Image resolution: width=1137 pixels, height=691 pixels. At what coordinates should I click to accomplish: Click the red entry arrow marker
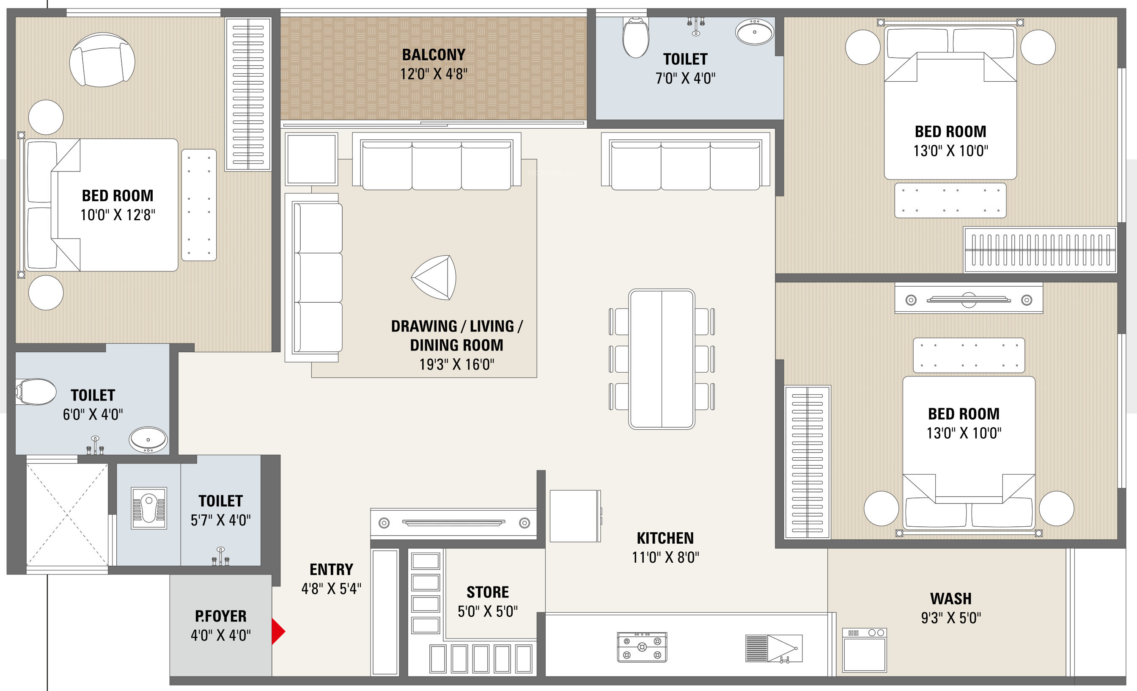pos(278,631)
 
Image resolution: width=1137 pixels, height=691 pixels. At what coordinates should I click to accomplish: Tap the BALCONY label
pos(434,55)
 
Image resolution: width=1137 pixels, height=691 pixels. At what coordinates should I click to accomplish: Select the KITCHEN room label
pos(665,538)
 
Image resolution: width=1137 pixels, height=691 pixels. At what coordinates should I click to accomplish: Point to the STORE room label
pos(488,592)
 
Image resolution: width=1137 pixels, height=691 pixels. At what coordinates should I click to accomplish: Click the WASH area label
pos(951,599)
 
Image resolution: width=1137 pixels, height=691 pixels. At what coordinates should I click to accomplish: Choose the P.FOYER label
pos(220,616)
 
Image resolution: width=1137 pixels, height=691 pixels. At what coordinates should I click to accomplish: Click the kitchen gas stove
pos(642,647)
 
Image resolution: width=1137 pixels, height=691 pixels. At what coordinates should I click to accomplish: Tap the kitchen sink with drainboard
pos(774,649)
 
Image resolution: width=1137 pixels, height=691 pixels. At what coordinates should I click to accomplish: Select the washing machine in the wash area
pos(864,650)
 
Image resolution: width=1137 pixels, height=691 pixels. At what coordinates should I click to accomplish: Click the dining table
pos(662,359)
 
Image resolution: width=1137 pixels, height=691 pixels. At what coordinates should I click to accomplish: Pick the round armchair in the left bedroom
pos(102,60)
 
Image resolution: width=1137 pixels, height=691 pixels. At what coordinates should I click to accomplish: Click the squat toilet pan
pos(148,508)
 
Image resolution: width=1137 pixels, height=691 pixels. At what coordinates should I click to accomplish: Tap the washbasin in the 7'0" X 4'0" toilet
pos(755,32)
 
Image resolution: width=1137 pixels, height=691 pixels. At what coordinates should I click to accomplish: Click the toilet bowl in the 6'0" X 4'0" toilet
pos(36,392)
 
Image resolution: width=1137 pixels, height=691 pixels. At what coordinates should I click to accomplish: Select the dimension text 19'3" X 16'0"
pos(457,365)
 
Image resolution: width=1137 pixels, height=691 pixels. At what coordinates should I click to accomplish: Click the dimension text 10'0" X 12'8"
pos(118,215)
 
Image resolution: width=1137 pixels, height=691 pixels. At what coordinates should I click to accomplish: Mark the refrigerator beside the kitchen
pos(575,516)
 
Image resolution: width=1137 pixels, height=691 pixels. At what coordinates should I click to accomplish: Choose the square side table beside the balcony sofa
pos(311,159)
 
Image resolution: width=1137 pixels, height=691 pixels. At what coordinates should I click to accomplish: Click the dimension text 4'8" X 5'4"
pos(331,589)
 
